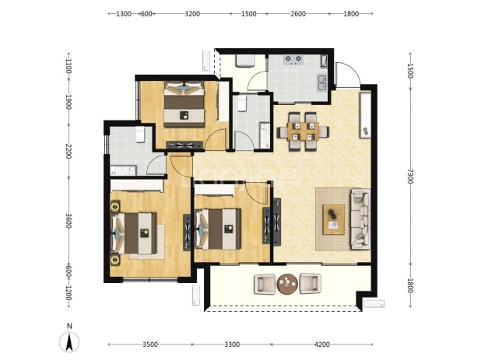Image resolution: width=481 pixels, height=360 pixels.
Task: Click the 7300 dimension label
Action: (x=410, y=177)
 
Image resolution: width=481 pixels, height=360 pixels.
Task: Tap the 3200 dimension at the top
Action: (x=192, y=14)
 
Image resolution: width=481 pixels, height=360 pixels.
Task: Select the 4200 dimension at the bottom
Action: (x=322, y=344)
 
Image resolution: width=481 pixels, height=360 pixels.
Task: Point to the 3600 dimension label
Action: (x=68, y=221)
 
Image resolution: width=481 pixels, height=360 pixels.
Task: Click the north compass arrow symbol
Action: (x=69, y=341)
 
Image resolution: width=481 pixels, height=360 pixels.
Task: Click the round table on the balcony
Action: (x=287, y=284)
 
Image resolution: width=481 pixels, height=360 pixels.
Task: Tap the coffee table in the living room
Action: (x=333, y=220)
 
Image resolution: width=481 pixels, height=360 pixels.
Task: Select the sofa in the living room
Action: (x=360, y=218)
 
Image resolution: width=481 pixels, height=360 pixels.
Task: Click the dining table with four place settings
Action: (x=303, y=131)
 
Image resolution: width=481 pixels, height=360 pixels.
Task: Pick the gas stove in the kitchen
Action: (x=293, y=60)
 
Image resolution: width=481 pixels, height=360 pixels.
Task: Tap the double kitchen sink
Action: (x=322, y=82)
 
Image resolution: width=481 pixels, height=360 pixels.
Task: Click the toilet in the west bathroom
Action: (x=140, y=135)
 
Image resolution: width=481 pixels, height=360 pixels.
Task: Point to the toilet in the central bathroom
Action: (x=242, y=103)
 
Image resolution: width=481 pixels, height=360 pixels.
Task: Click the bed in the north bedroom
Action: (x=184, y=104)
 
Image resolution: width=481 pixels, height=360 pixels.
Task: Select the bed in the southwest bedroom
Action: (x=134, y=232)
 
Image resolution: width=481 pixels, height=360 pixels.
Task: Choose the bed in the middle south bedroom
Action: (x=218, y=229)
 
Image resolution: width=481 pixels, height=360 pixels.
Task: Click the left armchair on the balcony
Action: (x=265, y=284)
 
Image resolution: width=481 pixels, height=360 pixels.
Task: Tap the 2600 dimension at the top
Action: (x=298, y=14)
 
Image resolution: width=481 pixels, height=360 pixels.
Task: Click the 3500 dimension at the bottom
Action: (x=150, y=344)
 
